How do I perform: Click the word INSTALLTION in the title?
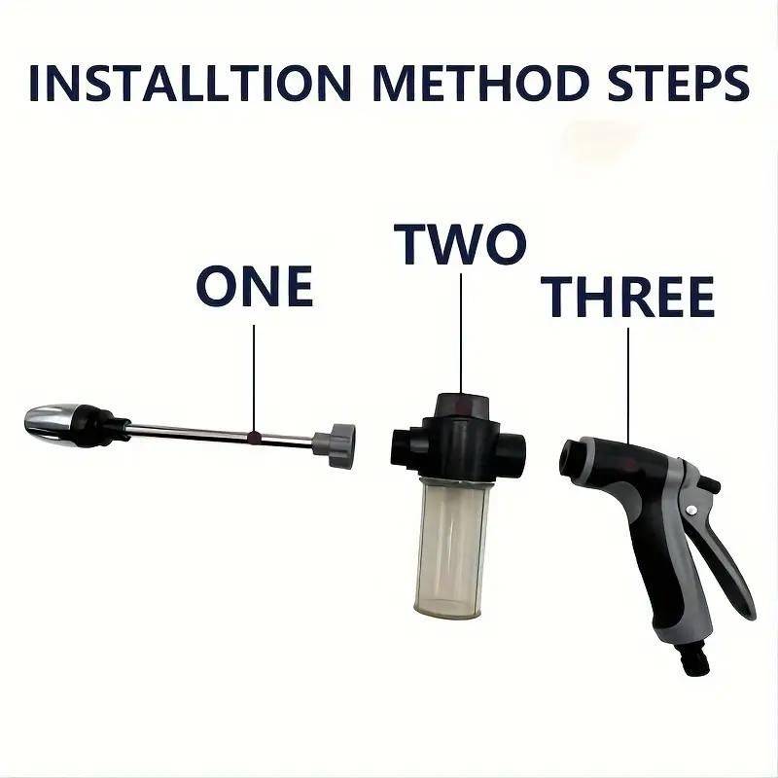(x=190, y=84)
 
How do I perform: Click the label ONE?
(x=255, y=286)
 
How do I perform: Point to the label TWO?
(x=459, y=244)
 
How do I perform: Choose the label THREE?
(x=627, y=297)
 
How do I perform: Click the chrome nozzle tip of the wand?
(x=52, y=425)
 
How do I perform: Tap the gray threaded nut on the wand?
(x=334, y=445)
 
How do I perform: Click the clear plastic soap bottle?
(x=451, y=548)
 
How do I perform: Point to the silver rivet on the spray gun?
(x=691, y=510)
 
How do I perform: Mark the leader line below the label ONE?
(x=254, y=379)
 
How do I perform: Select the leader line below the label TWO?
(x=461, y=334)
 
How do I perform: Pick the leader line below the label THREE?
(x=628, y=386)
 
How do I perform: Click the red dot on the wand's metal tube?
(x=254, y=437)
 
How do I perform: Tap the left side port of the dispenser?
(x=402, y=447)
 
